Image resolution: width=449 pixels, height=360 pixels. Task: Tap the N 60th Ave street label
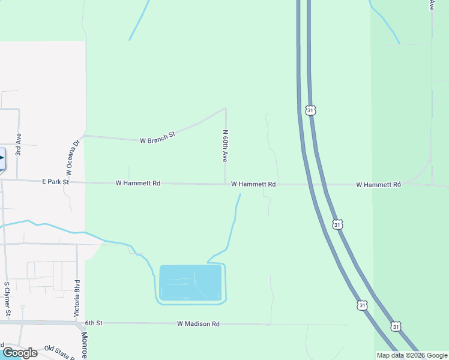pos(225,147)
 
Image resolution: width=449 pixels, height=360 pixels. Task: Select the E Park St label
pos(56,181)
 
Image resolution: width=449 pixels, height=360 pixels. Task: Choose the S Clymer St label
pos(7,298)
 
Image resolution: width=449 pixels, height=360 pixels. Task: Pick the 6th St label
pos(94,323)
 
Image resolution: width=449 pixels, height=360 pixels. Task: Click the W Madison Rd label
pos(198,323)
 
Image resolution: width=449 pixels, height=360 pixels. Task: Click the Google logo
pos(20,353)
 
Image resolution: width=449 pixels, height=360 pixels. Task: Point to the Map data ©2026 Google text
pos(412,355)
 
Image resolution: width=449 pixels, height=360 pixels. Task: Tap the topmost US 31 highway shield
pos(310,110)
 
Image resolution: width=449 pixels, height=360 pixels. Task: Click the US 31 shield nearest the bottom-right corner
pos(396,326)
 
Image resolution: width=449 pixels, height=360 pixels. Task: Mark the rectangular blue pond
pos(190,283)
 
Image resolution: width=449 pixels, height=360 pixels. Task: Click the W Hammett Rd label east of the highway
pos(378,185)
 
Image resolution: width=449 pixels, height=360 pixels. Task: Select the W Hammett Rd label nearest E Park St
pos(138,183)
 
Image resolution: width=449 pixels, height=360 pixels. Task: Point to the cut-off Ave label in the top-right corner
pos(432,5)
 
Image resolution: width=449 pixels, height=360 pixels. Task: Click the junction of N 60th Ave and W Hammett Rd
pos(225,184)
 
